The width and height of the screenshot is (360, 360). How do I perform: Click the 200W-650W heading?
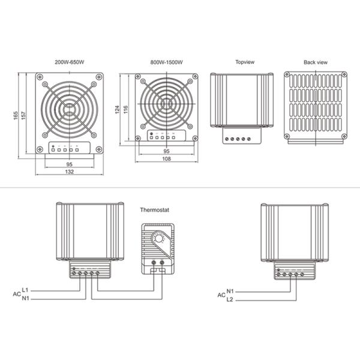click(70, 62)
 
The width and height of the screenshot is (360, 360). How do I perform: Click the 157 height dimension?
click(23, 114)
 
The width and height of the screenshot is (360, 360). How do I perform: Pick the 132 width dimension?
click(70, 172)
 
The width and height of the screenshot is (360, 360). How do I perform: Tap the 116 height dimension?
click(126, 110)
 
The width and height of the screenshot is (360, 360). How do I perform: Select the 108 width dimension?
click(166, 159)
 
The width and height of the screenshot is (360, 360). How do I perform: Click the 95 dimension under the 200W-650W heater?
click(70, 163)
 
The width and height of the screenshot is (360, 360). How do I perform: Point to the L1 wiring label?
click(25, 290)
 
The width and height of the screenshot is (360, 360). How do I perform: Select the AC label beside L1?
click(17, 295)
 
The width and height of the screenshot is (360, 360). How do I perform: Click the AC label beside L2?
click(221, 295)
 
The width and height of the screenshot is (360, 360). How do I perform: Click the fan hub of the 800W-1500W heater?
click(163, 101)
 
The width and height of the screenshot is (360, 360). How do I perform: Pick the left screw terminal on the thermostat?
click(149, 263)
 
